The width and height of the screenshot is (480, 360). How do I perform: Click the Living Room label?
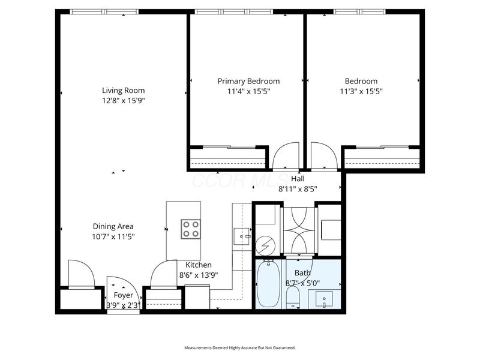coord(123,91)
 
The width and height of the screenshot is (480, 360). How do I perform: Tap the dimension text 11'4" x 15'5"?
coord(248,91)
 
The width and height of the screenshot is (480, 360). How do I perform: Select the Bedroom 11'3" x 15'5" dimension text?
coord(361,91)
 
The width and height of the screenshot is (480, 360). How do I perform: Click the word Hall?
coord(298,179)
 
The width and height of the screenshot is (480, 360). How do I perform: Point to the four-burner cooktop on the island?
coord(191,229)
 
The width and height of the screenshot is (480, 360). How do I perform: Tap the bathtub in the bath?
coord(269,284)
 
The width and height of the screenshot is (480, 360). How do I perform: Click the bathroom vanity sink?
coord(323,298)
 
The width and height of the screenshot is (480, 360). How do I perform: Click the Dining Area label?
coord(113,226)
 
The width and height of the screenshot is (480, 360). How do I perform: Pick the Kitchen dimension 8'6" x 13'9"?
coord(199,275)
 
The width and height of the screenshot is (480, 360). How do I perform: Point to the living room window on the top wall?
coord(104,11)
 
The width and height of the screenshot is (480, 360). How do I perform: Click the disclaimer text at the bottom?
coord(239,347)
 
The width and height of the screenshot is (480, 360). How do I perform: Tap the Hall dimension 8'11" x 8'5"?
coord(298,188)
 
